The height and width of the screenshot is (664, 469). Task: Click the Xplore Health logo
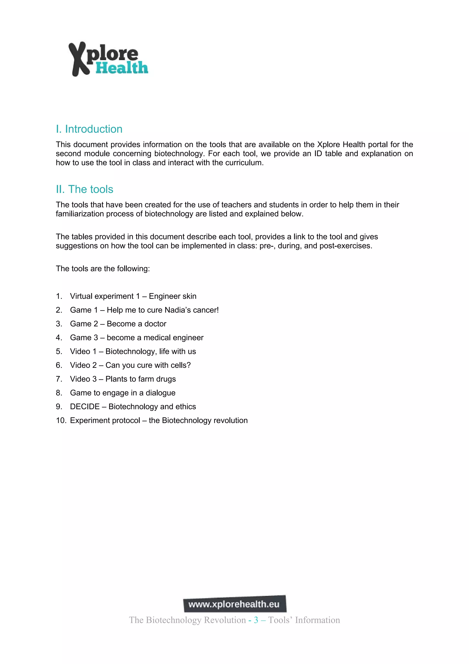pos(108,59)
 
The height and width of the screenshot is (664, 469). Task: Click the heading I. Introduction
pos(89,129)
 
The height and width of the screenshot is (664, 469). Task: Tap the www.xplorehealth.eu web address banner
pos(235,604)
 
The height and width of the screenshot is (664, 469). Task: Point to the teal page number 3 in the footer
pos(256,620)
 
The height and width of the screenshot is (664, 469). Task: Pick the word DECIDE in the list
pos(85,407)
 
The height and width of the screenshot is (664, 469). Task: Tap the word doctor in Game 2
pos(155,324)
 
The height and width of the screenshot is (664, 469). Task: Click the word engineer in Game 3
pos(188,338)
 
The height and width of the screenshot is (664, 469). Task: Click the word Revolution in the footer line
pos(225,620)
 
